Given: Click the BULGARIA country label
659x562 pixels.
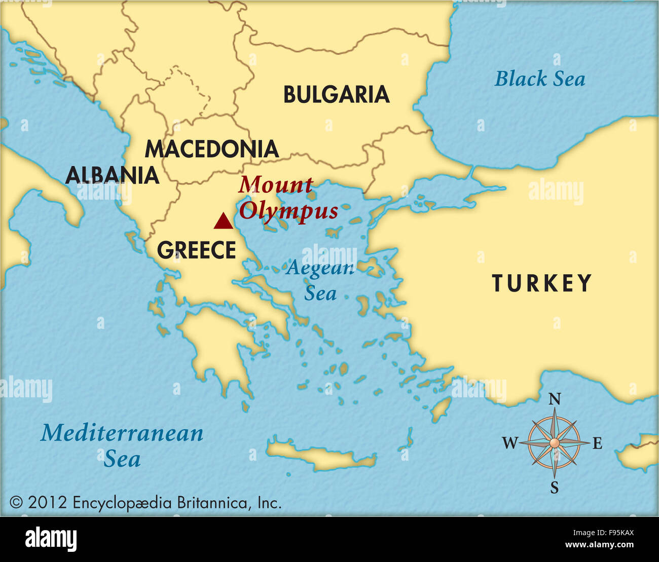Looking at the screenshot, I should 336,95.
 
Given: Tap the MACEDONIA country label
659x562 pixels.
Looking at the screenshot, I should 211,149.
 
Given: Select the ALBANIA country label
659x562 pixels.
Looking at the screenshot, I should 112,175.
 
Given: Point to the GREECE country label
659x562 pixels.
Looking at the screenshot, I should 196,250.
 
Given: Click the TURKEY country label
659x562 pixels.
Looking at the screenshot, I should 541,283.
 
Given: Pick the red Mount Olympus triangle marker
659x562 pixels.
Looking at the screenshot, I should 222,221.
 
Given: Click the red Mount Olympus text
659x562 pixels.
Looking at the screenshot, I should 287,198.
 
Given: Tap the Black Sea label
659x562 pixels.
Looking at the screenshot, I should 539,79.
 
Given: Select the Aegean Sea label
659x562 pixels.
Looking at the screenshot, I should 319,280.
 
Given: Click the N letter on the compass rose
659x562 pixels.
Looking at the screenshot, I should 555,399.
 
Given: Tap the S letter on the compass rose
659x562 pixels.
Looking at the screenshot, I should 555,488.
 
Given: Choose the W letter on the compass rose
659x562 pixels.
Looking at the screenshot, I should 510,443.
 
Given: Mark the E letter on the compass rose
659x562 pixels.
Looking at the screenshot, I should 597,444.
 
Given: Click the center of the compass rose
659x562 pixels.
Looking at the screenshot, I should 555,443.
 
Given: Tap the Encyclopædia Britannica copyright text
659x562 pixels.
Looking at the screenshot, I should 145,503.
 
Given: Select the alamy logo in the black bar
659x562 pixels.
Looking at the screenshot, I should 51,539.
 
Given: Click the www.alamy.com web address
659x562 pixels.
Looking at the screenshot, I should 599,545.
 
